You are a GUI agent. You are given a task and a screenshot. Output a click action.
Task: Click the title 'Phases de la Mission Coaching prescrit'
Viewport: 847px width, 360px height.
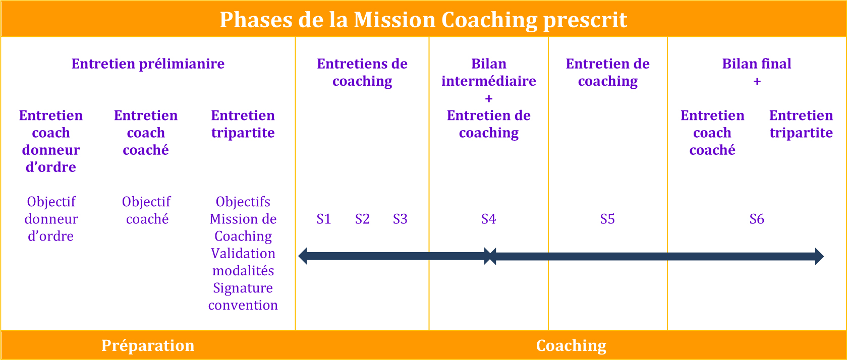point(424,20)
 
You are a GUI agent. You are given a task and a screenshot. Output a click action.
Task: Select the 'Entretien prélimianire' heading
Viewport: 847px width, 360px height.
point(148,64)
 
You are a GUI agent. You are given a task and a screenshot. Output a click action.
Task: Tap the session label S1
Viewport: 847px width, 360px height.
point(324,219)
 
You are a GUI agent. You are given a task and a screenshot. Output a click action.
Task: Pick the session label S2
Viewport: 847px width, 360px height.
point(362,219)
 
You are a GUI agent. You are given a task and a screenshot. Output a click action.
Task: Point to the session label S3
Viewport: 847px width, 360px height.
point(400,219)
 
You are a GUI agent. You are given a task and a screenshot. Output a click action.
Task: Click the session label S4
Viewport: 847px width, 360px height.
point(488,219)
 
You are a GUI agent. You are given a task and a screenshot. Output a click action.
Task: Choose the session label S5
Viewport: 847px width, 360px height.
point(607,219)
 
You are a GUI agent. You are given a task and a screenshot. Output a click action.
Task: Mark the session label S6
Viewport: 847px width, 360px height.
point(757,219)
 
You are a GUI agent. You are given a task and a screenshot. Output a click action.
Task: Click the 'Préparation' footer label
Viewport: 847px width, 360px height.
point(148,346)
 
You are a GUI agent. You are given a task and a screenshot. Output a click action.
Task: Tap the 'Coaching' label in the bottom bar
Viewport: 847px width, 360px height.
point(571,346)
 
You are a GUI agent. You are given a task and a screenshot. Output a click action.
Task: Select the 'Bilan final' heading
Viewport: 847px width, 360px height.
point(757,64)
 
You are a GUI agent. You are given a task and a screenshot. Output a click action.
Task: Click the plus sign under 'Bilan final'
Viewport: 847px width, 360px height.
point(757,82)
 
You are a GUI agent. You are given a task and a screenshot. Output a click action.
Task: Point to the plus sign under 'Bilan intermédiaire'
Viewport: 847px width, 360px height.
point(488,99)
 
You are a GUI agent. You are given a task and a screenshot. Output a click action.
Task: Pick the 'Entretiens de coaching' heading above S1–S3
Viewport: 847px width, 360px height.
point(362,72)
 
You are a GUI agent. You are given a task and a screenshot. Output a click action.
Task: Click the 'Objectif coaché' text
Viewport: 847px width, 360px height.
point(146,210)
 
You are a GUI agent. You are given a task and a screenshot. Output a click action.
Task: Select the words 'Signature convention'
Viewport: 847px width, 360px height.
point(243,296)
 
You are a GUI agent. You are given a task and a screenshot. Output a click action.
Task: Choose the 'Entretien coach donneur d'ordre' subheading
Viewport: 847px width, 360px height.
point(51,141)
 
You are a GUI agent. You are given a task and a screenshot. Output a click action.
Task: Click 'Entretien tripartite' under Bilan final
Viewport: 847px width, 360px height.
point(801,124)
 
